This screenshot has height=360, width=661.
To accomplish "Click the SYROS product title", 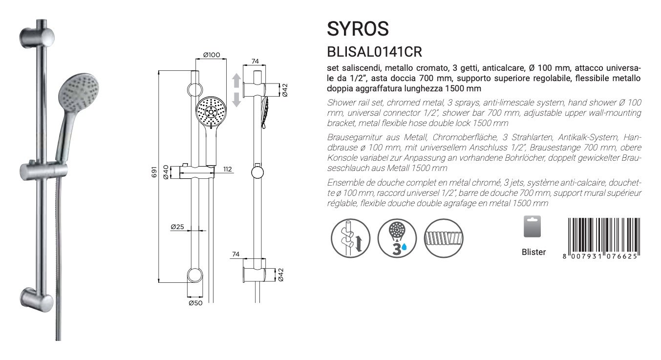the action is tap(358, 29).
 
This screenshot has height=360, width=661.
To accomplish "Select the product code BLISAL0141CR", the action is tap(374, 52).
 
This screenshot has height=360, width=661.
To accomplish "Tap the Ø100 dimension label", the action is tap(212, 55).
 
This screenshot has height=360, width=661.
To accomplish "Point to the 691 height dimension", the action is tap(154, 172).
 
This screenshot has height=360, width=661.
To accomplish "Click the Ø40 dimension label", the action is tap(166, 172).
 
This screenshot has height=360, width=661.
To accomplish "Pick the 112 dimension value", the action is tap(228, 169).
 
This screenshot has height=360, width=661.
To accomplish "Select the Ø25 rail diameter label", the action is tap(177, 227).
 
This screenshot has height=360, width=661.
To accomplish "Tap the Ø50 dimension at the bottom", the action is tap(195, 303).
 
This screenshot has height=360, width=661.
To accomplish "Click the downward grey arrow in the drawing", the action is tap(236, 100).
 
